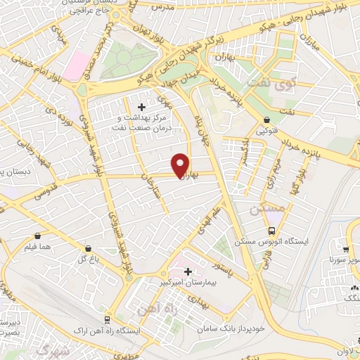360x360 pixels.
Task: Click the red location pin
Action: (181, 165)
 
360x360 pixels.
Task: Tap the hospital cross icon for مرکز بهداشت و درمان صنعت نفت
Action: (142, 107)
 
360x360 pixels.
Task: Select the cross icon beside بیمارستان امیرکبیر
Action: (188, 271)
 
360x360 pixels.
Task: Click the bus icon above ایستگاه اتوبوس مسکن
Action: (271, 231)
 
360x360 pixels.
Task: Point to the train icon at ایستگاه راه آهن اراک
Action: (106, 319)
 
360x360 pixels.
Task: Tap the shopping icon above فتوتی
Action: (266, 120)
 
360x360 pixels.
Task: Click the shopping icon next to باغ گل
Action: (88, 248)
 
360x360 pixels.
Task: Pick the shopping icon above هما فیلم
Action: (37, 236)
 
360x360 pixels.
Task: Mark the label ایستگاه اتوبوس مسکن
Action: (285, 241)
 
